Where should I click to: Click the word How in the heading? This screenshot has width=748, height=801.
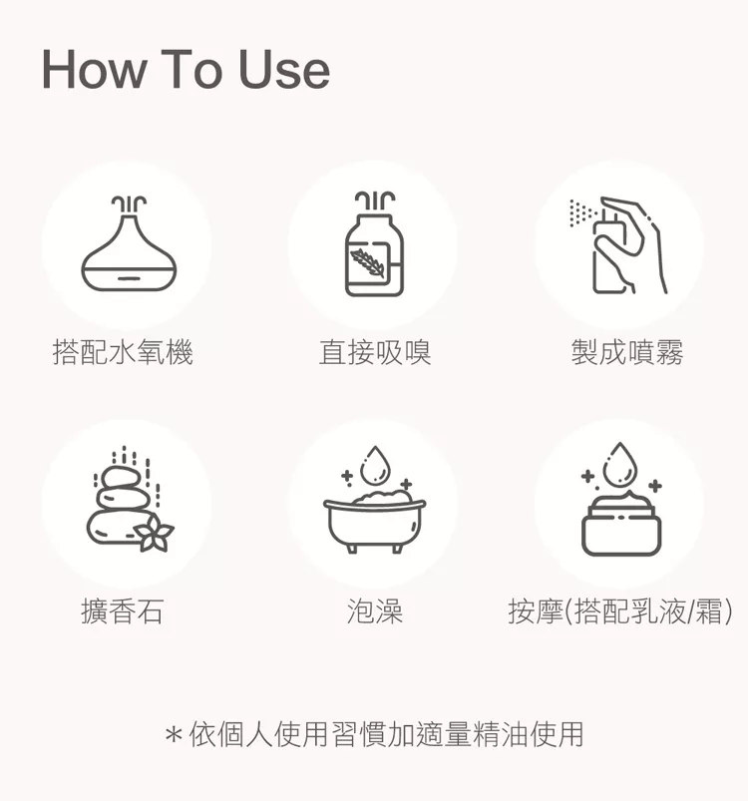coord(94,70)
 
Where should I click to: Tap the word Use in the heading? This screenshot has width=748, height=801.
coord(284,70)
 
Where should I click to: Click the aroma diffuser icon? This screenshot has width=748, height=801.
coord(129,243)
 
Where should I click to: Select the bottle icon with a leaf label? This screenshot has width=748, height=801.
coord(374,243)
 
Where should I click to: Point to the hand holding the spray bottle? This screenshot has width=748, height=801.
coord(633,245)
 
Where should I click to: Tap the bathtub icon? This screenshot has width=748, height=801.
coord(374,521)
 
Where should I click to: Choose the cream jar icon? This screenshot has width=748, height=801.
coord(621,524)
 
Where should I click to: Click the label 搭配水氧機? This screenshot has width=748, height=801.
coord(123,352)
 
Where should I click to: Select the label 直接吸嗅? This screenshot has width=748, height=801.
coord(375,352)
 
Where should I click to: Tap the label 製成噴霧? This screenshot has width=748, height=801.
coord(627,352)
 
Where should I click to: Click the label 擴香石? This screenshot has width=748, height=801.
coord(123,611)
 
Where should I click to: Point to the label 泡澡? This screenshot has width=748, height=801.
coord(375,611)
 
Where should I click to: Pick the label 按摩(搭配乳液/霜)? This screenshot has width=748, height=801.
coord(620,611)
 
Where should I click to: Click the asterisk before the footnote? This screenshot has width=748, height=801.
coord(174,735)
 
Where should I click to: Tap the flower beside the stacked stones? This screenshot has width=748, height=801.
coord(154,534)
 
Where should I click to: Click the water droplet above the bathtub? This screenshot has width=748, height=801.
coord(375,466)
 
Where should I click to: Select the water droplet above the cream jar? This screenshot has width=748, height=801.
coord(620,465)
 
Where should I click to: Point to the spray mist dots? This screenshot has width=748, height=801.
coord(582,213)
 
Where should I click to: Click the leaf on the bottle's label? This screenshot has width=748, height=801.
coord(368,262)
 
